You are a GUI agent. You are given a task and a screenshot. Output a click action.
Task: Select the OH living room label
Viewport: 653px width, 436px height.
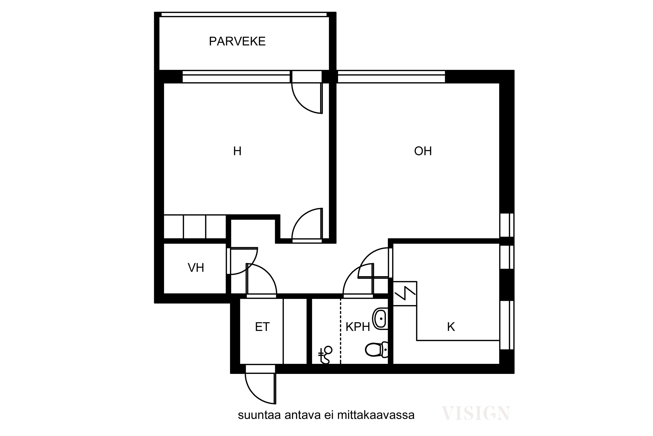pos(423,151)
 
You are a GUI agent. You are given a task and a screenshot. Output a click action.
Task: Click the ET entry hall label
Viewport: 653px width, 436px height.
pos(262,327)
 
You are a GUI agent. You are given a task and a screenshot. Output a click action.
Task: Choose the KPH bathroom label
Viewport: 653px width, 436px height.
pos(358,327)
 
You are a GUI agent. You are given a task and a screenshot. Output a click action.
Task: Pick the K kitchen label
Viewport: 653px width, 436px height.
pos(451,327)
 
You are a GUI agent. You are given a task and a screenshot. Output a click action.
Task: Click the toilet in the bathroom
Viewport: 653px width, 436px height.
pos(377,349)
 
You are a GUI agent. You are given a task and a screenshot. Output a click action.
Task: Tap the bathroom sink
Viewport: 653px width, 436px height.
pos(380,319)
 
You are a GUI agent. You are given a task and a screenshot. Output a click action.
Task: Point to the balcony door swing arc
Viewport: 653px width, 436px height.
pos(300,105)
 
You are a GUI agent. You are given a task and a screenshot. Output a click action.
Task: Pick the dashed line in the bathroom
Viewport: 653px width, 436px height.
pos(341,331)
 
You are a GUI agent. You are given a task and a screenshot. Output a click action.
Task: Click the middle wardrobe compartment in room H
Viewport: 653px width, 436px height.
pos(194,227)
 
